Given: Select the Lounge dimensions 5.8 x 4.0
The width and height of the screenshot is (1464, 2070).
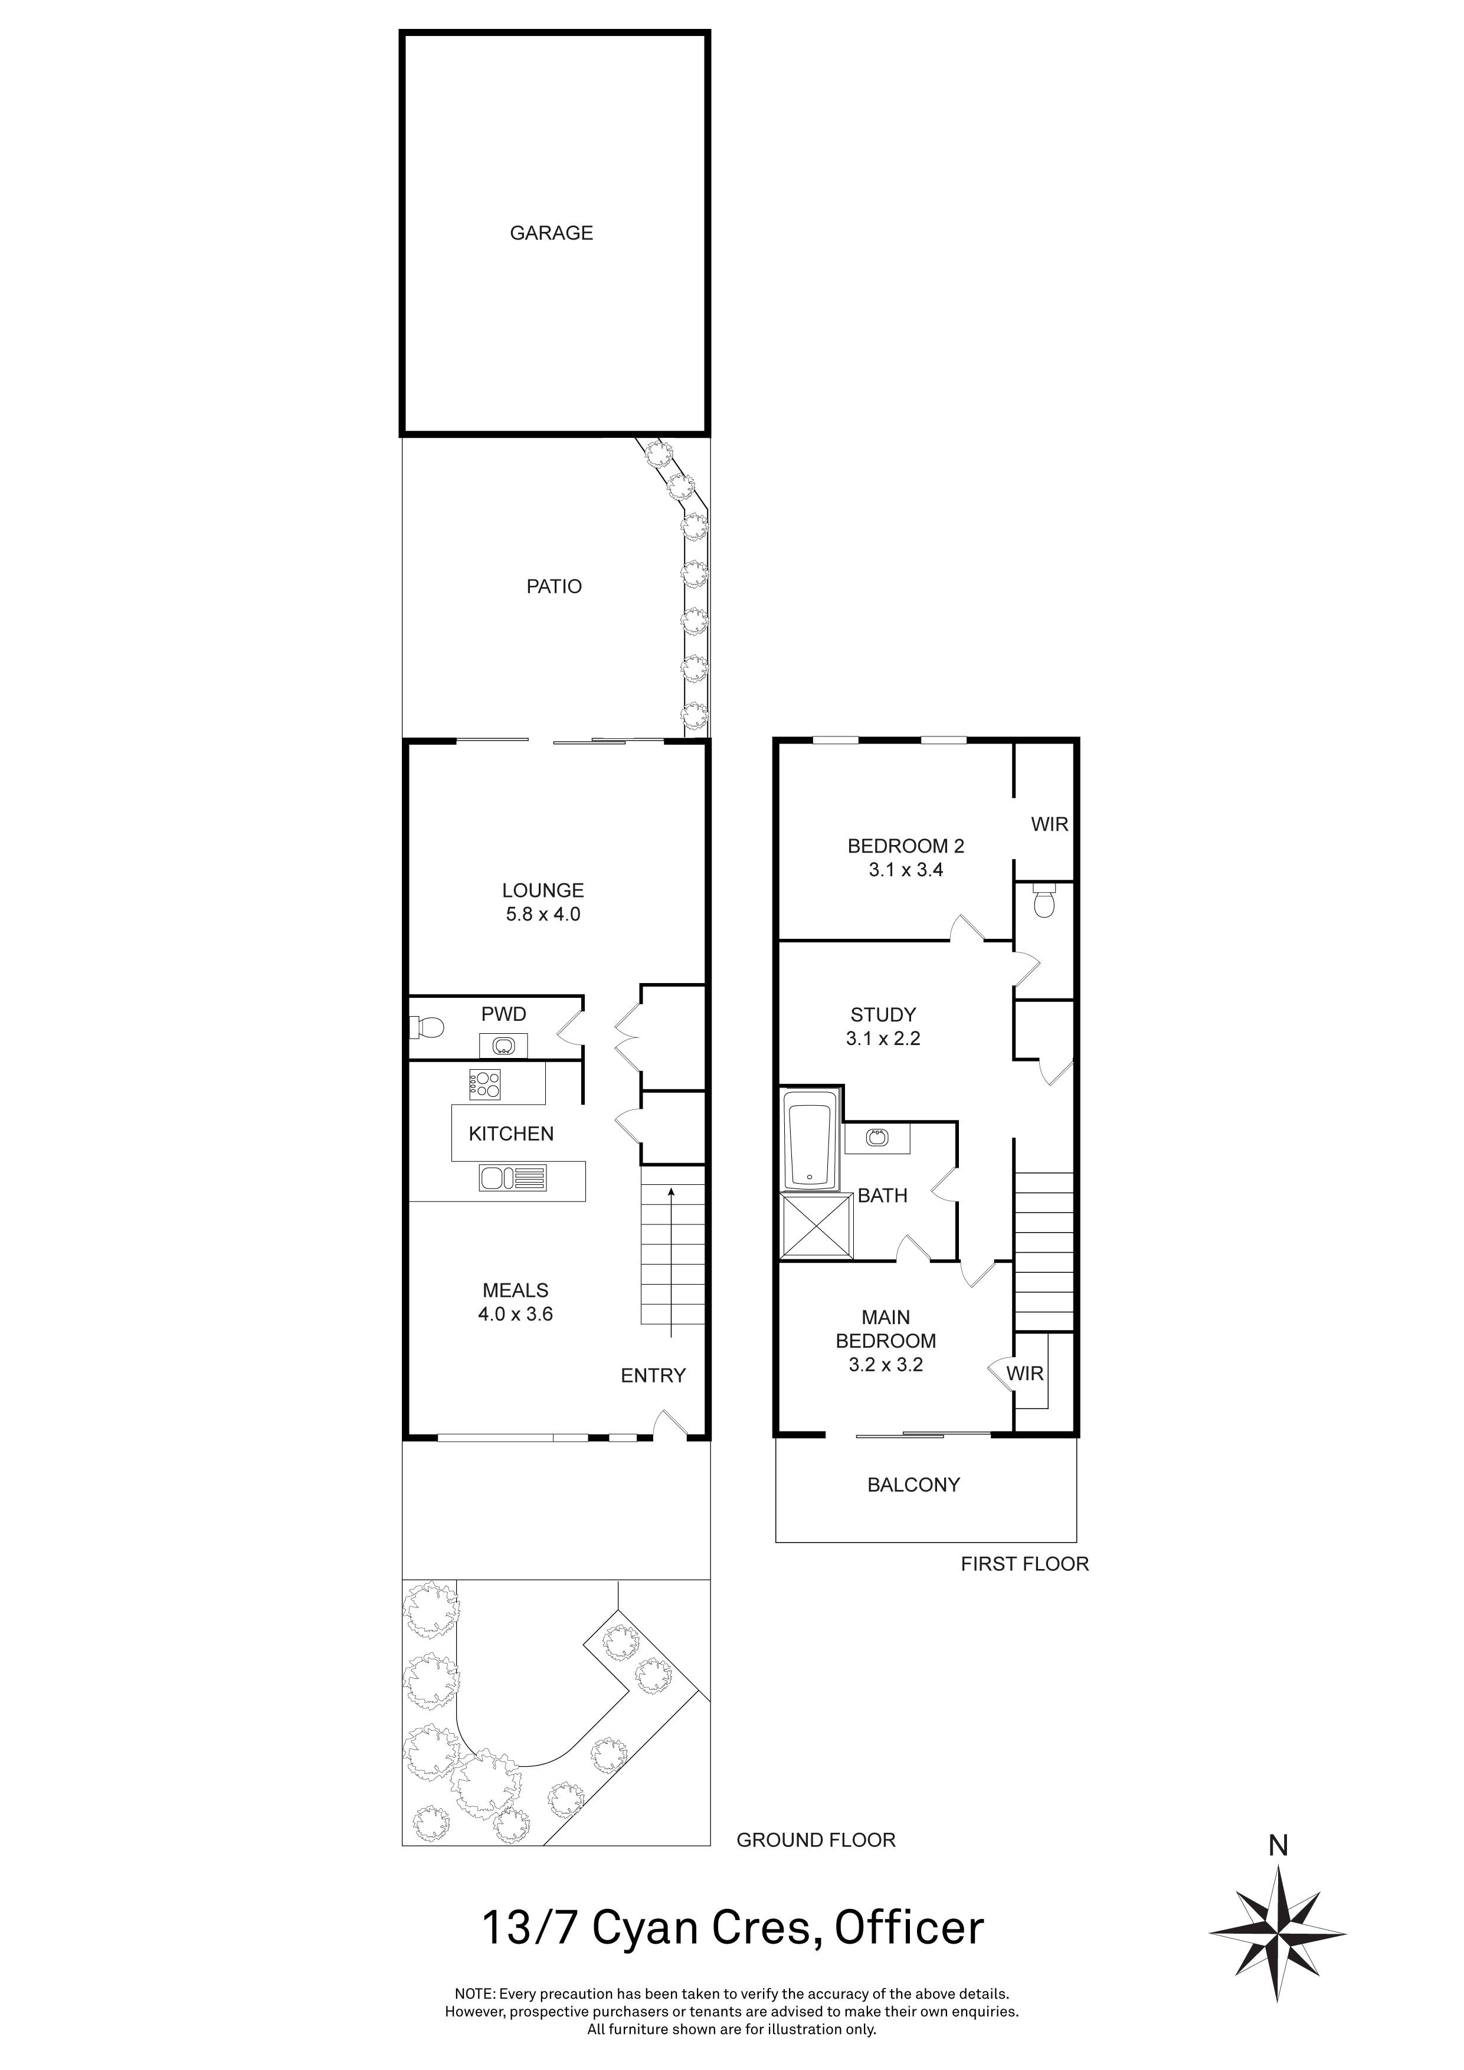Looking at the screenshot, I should click(543, 914).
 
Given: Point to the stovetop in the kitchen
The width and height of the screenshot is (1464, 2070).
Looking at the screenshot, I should click(485, 1084).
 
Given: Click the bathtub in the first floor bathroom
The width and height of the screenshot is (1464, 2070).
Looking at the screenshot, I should click(810, 1141).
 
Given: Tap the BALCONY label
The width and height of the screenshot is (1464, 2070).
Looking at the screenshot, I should click(913, 1484).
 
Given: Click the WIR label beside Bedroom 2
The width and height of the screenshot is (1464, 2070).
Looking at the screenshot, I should click(1049, 824).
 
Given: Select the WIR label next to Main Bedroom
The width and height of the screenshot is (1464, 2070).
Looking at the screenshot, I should click(1025, 1373).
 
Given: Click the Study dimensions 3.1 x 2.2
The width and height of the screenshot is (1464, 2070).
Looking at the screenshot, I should click(883, 1039).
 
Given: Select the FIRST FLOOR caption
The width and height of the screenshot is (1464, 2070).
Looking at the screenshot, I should click(1024, 1564).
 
